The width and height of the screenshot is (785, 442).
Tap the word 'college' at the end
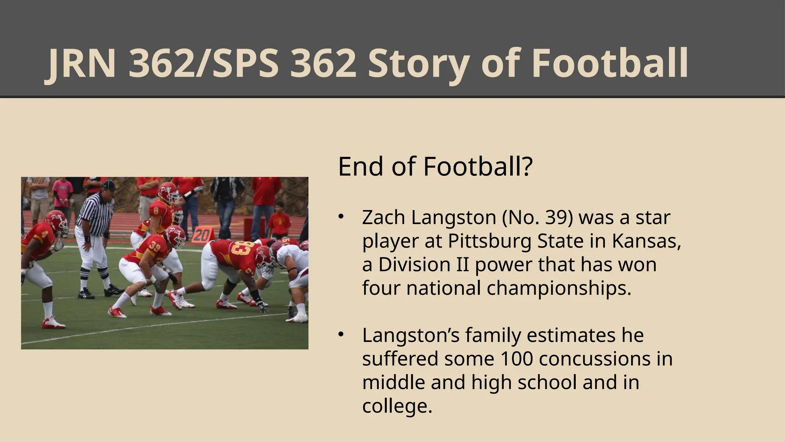coord(396,406)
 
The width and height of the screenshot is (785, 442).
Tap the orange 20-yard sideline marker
coord(201,234)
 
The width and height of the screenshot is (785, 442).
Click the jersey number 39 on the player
coord(154,247)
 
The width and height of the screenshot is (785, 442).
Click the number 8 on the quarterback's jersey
coord(156,211)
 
